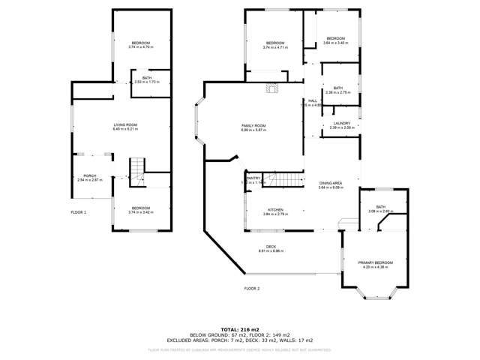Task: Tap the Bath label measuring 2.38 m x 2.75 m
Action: (338, 89)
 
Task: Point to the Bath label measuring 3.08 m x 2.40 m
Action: (380, 209)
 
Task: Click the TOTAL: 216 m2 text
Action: (239, 328)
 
